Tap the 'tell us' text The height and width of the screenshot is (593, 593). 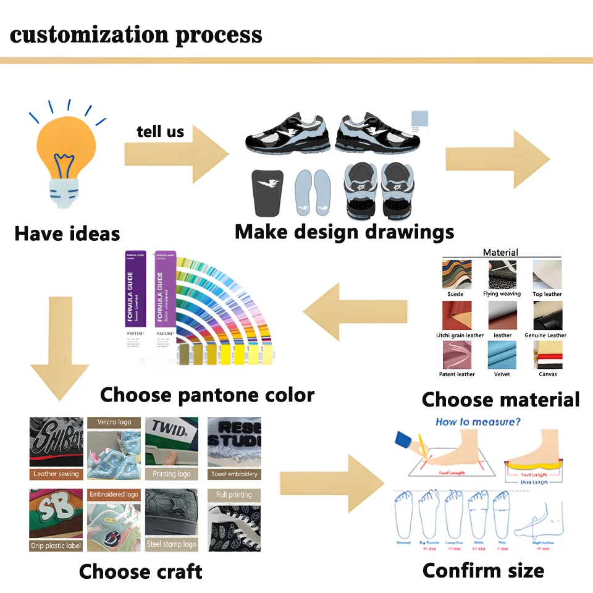coord(160,131)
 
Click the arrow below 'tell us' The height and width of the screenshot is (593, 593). coord(176,155)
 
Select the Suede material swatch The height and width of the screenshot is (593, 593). coord(456,274)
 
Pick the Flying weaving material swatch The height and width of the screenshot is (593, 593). coord(502,274)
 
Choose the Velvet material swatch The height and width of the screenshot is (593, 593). coord(502,355)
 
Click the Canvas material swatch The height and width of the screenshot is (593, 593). coord(547,355)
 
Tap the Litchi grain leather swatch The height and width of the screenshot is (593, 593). coord(456,315)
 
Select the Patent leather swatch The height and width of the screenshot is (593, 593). coord(456,355)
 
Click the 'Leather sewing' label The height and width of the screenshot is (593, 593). coord(56,474)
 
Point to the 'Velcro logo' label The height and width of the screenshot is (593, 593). coord(114,423)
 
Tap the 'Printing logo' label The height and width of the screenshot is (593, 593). coord(172,474)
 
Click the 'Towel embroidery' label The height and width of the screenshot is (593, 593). coord(233,474)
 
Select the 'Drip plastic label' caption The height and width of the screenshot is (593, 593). coord(56,545)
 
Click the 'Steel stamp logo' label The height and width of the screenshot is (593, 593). coord(172,544)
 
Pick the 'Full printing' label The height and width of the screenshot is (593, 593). coord(233,495)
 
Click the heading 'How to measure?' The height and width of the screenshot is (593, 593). coord(477,423)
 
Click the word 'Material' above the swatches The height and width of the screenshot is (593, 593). coord(500,252)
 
